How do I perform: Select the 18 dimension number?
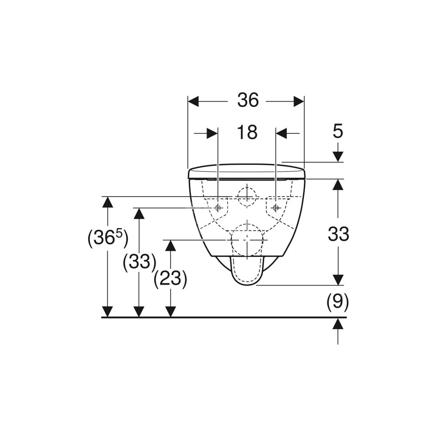coord(247,132)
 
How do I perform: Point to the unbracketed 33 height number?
coord(338,234)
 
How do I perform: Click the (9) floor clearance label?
coord(337,301)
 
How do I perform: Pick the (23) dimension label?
coord(170,278)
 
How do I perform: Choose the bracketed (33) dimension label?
coord(140,262)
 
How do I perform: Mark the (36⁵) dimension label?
coord(108,238)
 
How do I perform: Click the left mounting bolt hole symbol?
coord(218,208)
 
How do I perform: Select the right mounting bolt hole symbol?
coord(276,208)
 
